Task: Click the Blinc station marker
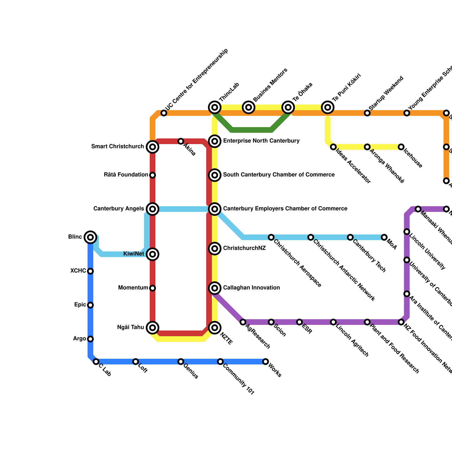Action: click(90, 237)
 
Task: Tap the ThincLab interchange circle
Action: click(215, 107)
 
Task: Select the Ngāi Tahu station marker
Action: click(153, 328)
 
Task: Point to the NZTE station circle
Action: click(215, 328)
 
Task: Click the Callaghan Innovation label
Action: click(251, 288)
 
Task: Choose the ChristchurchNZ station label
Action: click(244, 248)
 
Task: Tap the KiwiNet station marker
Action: click(153, 254)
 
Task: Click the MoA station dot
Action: click(384, 237)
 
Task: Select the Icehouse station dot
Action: click(401, 147)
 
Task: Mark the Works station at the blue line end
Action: click(265, 362)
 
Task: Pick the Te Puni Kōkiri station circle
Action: click(328, 107)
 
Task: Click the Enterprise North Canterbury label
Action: click(261, 141)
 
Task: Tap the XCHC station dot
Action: click(90, 271)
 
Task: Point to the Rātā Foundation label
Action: click(126, 175)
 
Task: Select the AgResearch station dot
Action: click(243, 322)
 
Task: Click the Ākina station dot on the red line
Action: click(181, 141)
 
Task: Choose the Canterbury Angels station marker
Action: click(153, 209)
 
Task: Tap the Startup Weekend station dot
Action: click(367, 113)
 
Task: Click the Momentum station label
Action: click(133, 288)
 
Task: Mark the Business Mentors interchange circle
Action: click(249, 107)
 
